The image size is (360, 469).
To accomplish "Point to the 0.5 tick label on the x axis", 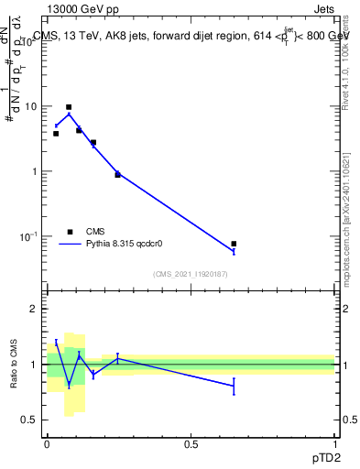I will click(191, 443).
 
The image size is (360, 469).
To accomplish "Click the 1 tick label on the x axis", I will click(334, 443).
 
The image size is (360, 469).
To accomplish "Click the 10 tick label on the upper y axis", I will click(31, 106).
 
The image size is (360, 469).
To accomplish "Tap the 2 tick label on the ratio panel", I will click(35, 309).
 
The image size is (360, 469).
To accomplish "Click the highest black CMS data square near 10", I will click(69, 107).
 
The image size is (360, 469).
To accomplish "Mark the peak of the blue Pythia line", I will click(69, 114).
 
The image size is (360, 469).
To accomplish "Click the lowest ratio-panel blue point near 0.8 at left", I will click(69, 384).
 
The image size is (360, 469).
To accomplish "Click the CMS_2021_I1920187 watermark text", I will click(191, 274).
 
